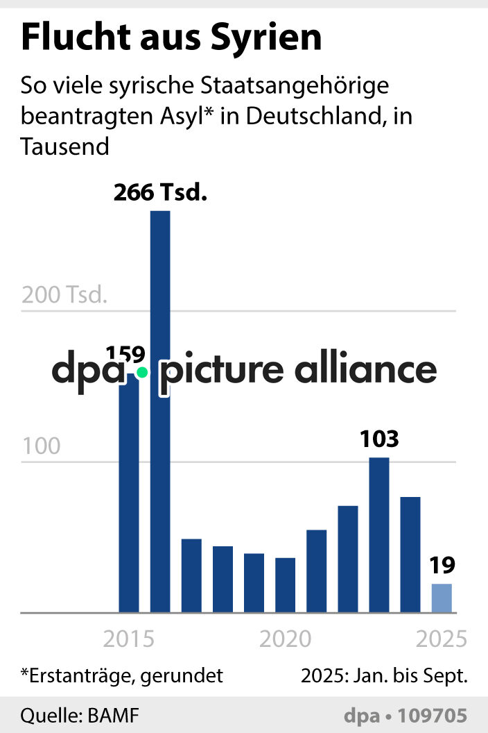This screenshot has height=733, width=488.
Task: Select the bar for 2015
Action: point(129,500)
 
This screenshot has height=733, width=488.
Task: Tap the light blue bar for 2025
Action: point(442,598)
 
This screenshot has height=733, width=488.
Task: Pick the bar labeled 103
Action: point(378,534)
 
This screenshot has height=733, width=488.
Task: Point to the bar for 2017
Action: point(191,575)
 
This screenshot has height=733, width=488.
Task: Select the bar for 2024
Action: point(410,555)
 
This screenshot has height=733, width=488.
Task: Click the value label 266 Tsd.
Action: point(161,192)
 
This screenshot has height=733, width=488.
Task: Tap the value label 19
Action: point(442,566)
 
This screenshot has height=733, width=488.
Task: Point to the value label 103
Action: point(379,439)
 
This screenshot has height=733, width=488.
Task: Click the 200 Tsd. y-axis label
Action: point(64,295)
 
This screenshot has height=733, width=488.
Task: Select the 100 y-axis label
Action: point(41,446)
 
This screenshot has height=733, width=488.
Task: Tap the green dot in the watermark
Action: point(142,372)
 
